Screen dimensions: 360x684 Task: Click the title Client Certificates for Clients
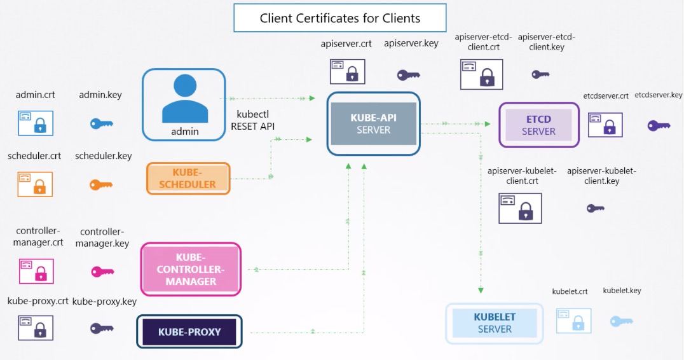(x=339, y=18)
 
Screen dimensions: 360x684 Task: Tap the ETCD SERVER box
(x=538, y=125)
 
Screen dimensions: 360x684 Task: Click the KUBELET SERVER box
(x=495, y=323)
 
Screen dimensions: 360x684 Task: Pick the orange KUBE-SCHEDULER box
(x=188, y=179)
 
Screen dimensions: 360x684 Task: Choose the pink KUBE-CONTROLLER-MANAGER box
(x=191, y=269)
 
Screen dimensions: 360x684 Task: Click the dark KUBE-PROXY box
(x=189, y=332)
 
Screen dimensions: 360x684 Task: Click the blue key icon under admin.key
(x=101, y=123)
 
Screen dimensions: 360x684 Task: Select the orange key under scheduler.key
(x=101, y=185)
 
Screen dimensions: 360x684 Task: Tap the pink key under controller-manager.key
(x=102, y=272)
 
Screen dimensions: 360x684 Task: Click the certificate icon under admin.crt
(x=36, y=123)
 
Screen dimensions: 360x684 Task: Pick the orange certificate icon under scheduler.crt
(x=36, y=184)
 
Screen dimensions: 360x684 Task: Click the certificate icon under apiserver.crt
(x=347, y=71)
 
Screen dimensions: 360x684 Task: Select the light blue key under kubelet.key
(x=621, y=321)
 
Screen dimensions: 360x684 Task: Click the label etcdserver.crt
(x=605, y=96)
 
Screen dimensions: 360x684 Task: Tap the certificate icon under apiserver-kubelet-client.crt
(x=520, y=208)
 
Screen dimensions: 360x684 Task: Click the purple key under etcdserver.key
(x=659, y=125)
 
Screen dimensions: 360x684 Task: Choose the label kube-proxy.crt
(x=38, y=301)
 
